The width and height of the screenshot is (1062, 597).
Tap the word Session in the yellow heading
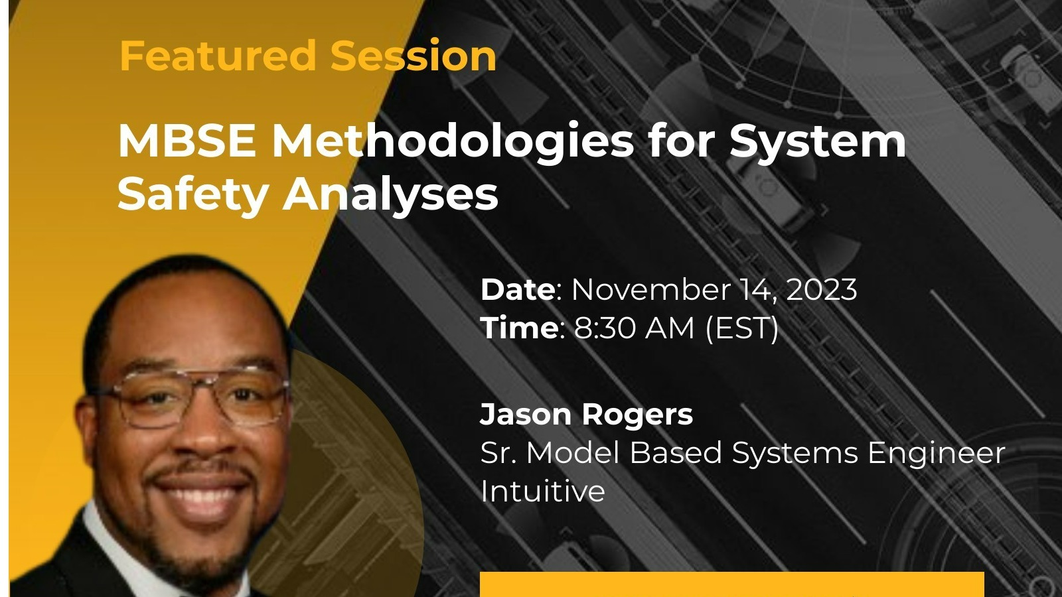pos(413,56)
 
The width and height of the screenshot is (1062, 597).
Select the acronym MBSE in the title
pos(187,141)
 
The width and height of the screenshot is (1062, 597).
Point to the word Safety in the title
pos(192,194)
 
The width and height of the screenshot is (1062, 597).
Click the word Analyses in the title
pos(391,194)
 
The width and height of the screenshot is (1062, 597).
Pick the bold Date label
pos(517,290)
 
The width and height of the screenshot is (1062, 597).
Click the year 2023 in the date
pos(822,290)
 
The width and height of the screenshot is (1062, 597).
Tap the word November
pos(650,290)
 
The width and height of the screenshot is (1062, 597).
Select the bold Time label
pos(518,328)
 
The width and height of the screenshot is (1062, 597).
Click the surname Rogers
pos(637,415)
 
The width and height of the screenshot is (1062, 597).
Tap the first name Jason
pos(526,415)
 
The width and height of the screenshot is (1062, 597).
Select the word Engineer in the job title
pos(936,453)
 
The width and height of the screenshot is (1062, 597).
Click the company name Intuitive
pos(542,492)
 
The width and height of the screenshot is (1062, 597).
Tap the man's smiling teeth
pos(199,494)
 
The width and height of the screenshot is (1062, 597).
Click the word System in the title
pos(818,141)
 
